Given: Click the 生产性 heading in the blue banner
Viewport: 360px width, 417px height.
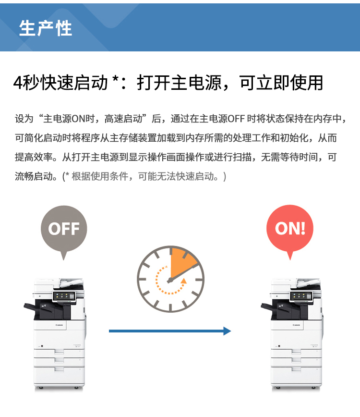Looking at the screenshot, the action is [x=46, y=28].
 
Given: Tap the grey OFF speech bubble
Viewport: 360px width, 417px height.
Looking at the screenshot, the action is [x=64, y=230].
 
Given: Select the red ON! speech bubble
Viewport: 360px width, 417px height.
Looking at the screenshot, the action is [x=290, y=230].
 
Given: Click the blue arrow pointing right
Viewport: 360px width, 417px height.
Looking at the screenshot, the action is [x=170, y=331].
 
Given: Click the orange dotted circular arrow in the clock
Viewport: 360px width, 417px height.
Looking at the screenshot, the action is [x=170, y=281].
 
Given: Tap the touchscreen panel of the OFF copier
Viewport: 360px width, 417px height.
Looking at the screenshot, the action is [x=64, y=296].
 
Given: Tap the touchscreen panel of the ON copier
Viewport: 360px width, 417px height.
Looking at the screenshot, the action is [x=301, y=296].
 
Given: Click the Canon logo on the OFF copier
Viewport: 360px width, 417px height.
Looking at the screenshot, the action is [x=59, y=325].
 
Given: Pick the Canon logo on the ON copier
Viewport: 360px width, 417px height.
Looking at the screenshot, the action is [x=296, y=325].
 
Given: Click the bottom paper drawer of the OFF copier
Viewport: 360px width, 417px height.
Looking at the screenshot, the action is [x=59, y=375].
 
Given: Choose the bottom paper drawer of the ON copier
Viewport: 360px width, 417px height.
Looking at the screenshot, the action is [x=296, y=375].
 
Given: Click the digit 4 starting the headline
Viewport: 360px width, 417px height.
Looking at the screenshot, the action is [x=18, y=83].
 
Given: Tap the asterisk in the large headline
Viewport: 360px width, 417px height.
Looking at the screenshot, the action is [x=115, y=78].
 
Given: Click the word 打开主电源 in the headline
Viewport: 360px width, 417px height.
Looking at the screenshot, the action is [x=180, y=83].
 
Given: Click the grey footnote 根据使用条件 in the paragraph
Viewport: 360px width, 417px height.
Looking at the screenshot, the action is [x=100, y=176].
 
